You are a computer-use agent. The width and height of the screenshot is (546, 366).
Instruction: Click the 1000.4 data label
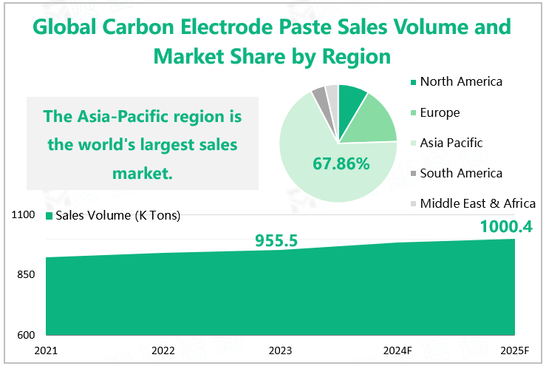[506, 226]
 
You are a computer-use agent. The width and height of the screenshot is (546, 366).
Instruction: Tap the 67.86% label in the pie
[341, 163]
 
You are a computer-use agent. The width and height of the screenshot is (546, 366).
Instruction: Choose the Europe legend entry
[440, 112]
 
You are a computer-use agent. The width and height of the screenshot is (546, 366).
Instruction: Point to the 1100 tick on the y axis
[24, 215]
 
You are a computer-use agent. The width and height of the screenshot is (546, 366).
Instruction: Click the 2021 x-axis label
[46, 350]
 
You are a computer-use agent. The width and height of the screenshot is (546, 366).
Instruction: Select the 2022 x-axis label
[163, 350]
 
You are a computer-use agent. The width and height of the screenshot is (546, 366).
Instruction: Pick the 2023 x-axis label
[280, 350]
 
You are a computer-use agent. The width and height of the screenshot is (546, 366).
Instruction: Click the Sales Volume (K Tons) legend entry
[113, 215]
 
